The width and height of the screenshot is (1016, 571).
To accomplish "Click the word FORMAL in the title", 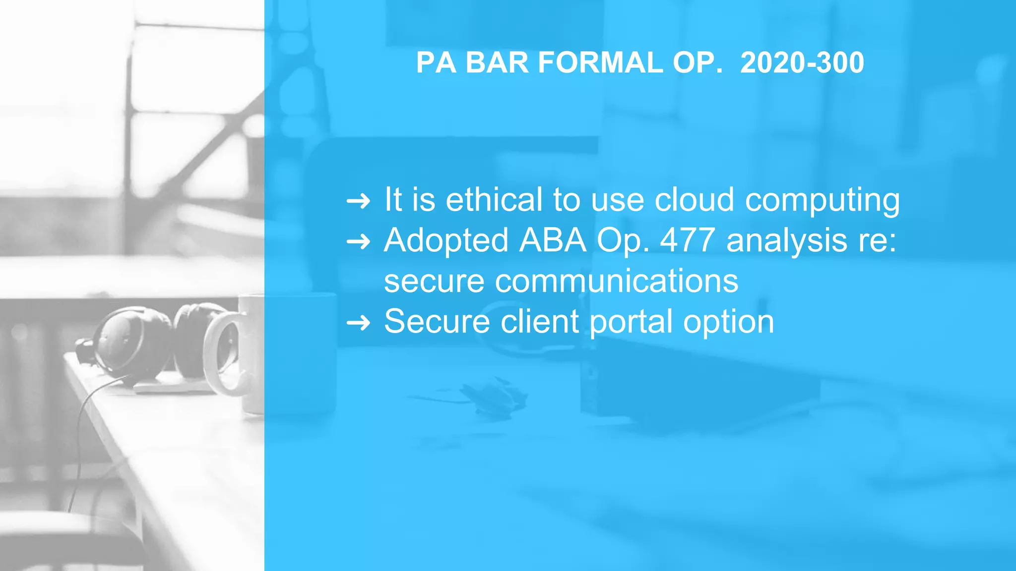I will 600,63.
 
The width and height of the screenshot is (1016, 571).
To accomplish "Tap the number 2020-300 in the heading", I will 802,63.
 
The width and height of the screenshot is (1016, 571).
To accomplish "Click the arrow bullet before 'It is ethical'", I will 358,201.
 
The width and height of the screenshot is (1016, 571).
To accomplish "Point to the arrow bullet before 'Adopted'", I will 358,242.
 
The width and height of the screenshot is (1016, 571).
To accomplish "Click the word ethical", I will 494,200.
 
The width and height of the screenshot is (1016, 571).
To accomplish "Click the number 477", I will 688,240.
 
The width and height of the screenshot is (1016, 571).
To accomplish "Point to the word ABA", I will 553,240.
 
